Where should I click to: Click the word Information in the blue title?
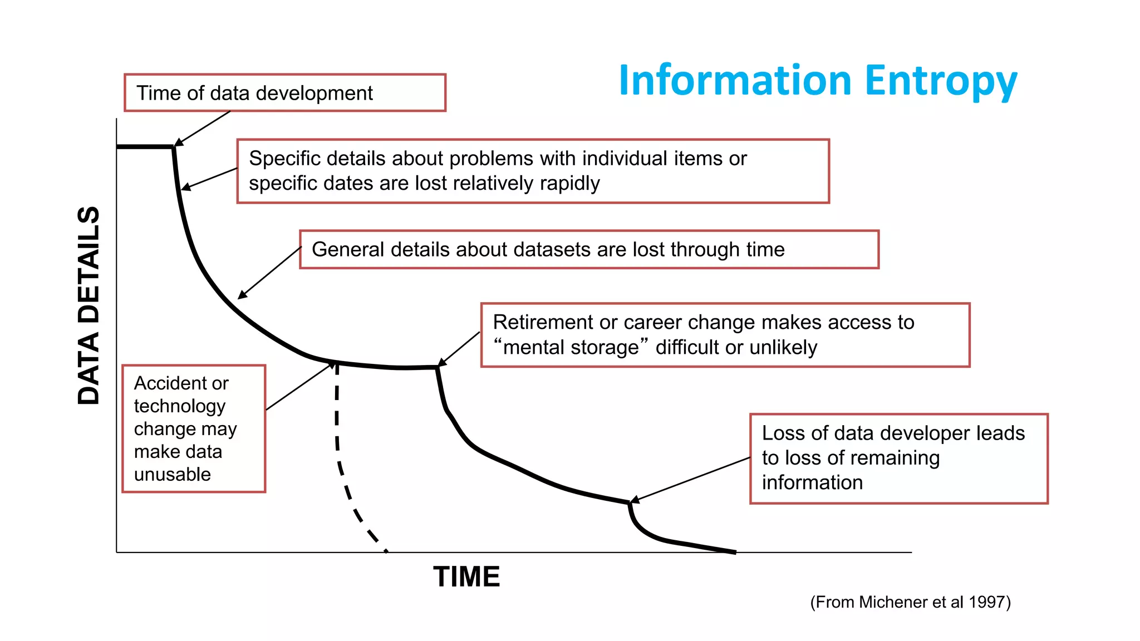pos(735,81)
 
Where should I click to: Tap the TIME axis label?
pos(466,576)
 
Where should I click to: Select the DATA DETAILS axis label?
pos(89,305)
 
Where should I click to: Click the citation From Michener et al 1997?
pos(910,602)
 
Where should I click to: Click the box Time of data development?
pos(284,93)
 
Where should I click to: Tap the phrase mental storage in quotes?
pos(571,348)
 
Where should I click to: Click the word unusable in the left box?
pos(172,475)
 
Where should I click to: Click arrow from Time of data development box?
pos(203,129)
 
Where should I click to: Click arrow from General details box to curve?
pos(270,273)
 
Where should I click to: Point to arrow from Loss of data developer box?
pos(690,480)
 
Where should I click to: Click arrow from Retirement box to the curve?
pos(460,348)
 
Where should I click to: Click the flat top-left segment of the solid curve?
pos(145,147)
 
